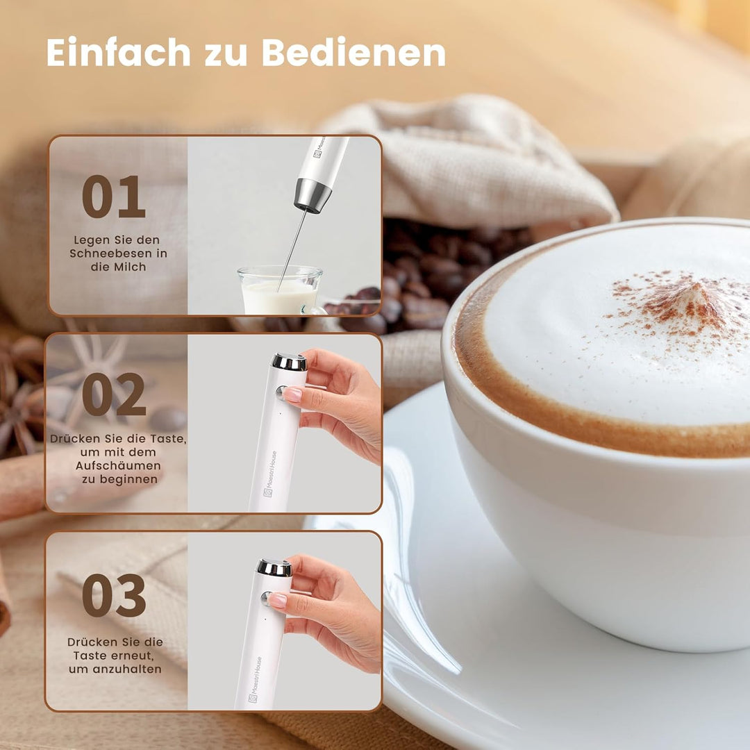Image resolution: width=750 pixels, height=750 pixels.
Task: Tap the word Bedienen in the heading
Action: tap(354, 52)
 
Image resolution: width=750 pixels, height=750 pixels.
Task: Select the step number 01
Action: tap(113, 197)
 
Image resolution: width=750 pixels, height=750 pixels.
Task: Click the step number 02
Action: tap(114, 394)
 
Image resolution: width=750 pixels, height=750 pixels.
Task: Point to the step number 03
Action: tap(114, 596)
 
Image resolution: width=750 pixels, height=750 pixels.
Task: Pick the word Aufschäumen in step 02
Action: tap(118, 466)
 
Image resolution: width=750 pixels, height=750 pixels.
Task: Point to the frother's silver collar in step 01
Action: tap(312, 195)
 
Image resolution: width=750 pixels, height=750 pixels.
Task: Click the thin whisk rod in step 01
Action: tap(293, 251)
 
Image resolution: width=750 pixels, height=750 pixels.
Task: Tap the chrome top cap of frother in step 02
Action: tap(290, 362)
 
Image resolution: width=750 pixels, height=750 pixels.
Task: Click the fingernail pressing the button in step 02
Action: tap(291, 394)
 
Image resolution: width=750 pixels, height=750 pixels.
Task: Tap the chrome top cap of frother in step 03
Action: tap(274, 568)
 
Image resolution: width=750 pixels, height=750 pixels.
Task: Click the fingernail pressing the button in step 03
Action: tap(277, 600)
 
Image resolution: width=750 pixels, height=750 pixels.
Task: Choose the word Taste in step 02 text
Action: tap(167, 439)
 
